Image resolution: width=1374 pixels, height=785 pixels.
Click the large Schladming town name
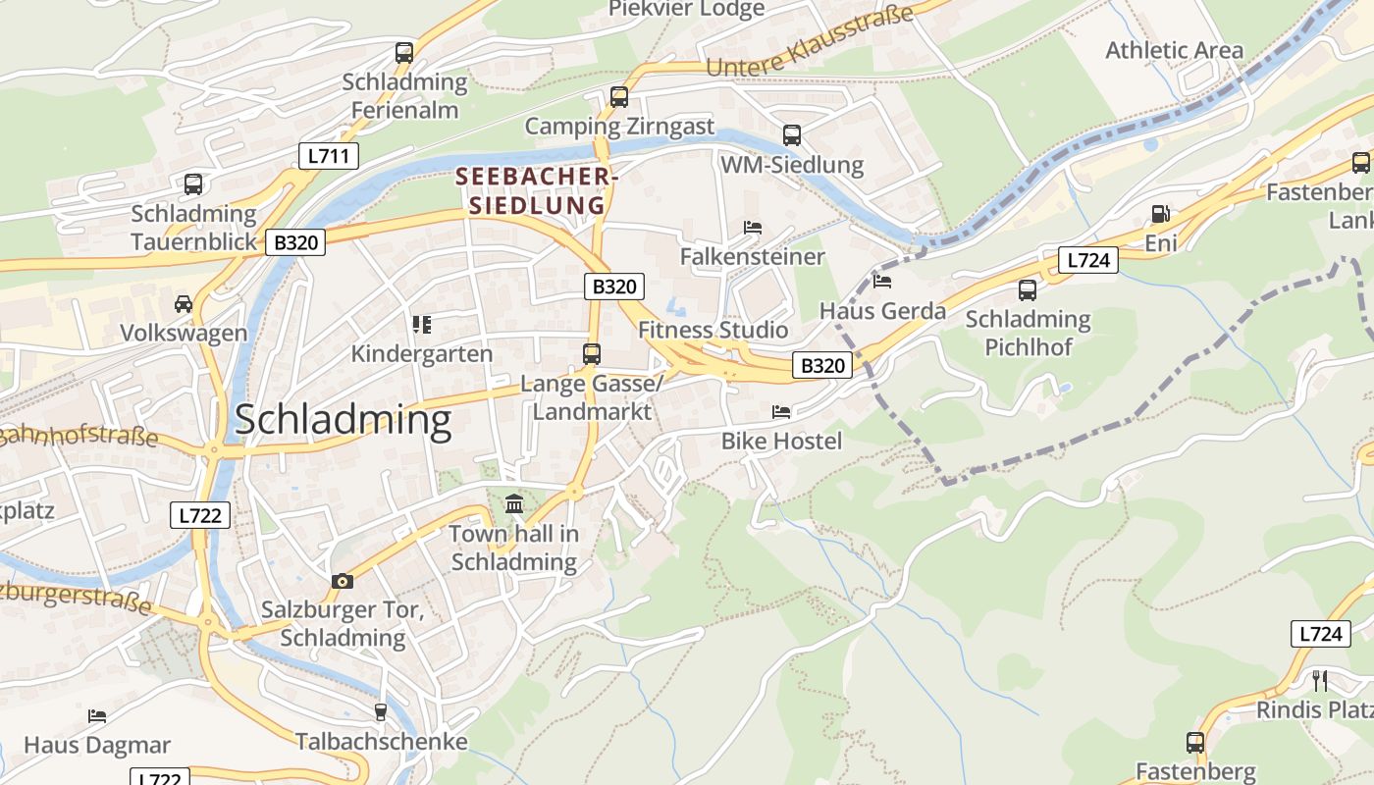point(343,420)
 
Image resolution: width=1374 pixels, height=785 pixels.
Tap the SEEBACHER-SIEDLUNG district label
point(536,191)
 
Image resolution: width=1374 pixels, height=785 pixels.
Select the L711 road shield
point(329,156)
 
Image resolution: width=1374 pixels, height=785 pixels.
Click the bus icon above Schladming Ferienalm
point(404,53)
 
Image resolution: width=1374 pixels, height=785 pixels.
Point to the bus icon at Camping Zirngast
point(618,97)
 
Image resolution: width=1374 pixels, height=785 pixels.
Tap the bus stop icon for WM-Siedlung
point(791,135)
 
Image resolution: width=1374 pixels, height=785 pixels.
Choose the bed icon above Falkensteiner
point(753,228)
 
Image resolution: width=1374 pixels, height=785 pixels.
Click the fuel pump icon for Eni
point(1160,214)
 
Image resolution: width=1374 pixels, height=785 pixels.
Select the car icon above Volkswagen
point(184,304)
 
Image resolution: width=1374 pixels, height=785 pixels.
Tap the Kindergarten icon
point(422,325)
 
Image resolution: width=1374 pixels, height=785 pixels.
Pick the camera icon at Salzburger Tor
point(342,581)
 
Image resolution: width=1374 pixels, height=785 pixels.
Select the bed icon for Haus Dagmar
point(97,716)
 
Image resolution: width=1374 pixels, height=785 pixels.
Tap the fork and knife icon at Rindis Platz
point(1320,680)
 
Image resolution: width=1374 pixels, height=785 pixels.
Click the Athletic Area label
point(1174,50)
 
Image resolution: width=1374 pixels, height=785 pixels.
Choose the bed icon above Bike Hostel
point(781,412)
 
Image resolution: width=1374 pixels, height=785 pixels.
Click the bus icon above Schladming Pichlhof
point(1028,290)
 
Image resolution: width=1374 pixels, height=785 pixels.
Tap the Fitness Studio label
point(713,330)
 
